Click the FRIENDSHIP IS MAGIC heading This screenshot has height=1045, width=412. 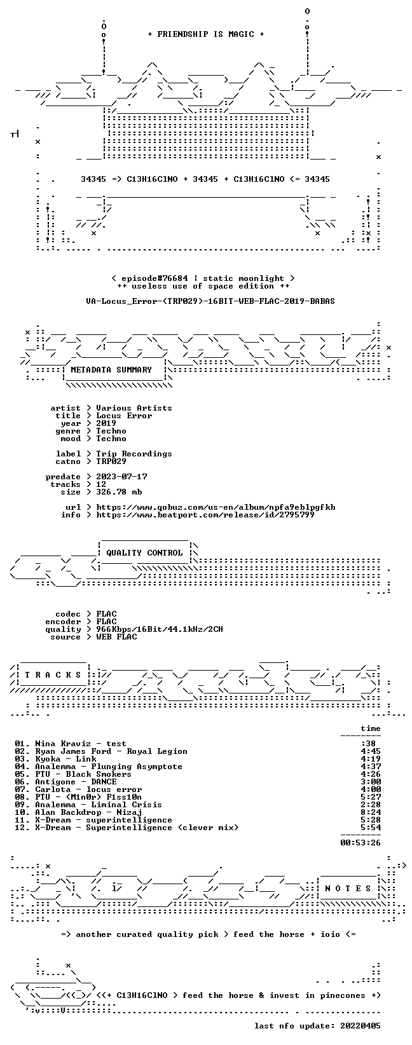[206, 34]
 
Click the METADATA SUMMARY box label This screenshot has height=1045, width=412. [111, 370]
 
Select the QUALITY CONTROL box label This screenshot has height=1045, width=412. [144, 553]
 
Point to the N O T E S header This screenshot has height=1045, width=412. [348, 888]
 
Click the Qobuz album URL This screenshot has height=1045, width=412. [216, 507]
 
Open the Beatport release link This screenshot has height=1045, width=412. [205, 515]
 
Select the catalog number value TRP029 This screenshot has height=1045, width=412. [111, 461]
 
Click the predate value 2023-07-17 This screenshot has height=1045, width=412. [121, 476]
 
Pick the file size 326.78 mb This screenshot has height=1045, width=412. [119, 492]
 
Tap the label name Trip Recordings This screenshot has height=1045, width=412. [134, 453]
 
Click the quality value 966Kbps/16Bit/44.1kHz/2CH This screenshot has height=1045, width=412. [160, 629]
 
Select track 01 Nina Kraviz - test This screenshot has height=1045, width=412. [71, 744]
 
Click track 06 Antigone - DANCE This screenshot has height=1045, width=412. [65, 781]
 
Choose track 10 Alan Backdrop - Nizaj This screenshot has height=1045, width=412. [78, 812]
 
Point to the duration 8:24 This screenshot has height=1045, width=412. [371, 812]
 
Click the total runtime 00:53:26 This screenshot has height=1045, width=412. [360, 842]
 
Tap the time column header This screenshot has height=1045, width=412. [371, 728]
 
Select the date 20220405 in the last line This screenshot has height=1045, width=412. [360, 1025]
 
